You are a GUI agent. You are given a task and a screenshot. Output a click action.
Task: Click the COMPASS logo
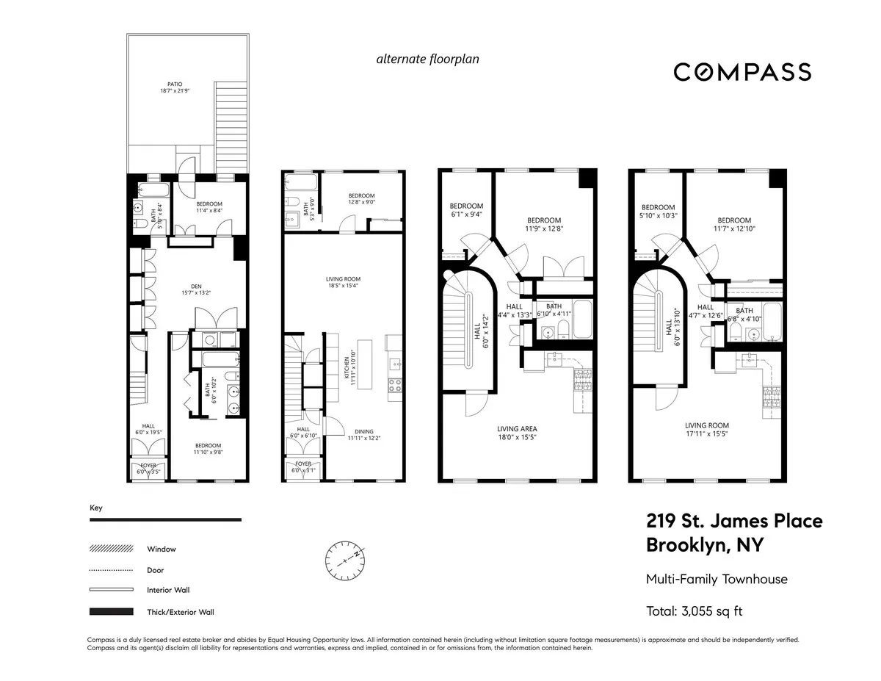coord(742,72)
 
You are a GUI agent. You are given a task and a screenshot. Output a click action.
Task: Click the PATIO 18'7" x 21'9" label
coord(174,87)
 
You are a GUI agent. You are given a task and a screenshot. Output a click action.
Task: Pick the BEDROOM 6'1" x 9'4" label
coord(466,210)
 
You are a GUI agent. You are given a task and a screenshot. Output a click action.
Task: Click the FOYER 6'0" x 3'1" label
coord(302,467)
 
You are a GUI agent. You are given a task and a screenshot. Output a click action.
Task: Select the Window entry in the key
coord(162,549)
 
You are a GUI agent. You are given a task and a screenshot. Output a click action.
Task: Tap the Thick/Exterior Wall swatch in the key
coord(111,611)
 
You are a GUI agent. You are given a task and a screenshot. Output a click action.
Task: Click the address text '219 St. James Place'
coord(734,522)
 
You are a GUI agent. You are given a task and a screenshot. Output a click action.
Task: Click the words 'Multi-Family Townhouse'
coord(717,579)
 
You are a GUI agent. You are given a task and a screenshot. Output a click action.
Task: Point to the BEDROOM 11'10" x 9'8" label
coord(208,449)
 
